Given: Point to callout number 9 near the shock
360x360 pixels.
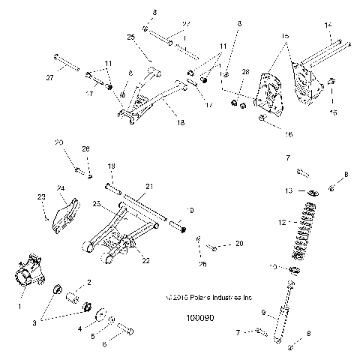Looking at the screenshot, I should click(x=264, y=313).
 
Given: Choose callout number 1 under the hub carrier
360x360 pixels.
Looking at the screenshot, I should click(x=20, y=306).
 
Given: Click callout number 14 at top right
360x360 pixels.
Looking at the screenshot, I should click(x=328, y=25).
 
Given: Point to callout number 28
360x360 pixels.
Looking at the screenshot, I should click(x=244, y=71).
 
